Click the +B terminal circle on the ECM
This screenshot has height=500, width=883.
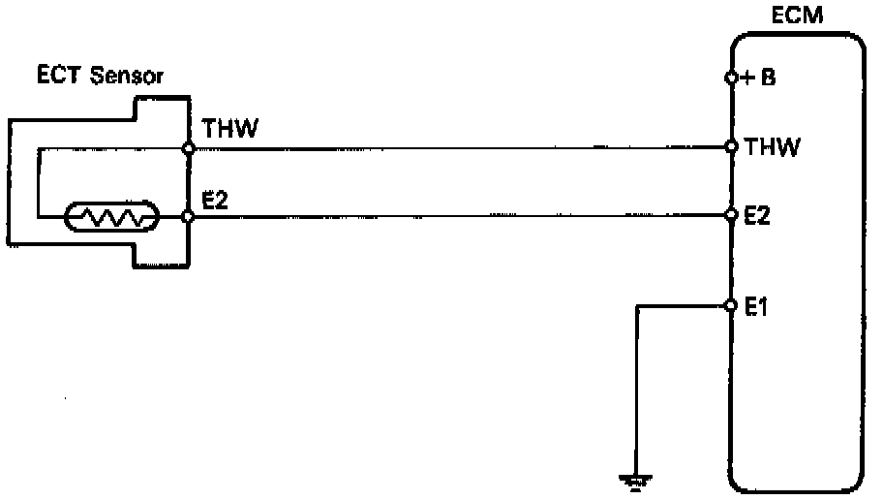click(x=731, y=78)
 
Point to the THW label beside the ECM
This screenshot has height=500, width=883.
click(x=772, y=147)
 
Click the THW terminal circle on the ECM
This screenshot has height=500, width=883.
click(x=731, y=147)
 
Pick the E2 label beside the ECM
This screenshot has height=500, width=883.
click(x=758, y=214)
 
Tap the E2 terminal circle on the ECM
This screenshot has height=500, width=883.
click(x=731, y=214)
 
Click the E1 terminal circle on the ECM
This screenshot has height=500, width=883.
click(x=731, y=305)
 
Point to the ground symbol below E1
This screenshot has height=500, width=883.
click(x=636, y=478)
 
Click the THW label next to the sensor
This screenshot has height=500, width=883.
click(x=230, y=129)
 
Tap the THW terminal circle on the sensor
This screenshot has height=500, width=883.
click(x=189, y=148)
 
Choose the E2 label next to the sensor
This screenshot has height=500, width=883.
click(x=215, y=200)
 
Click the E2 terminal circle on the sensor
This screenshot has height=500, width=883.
click(x=189, y=217)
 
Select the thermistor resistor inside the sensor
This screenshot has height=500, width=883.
click(x=110, y=217)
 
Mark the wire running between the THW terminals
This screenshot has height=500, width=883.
click(x=460, y=148)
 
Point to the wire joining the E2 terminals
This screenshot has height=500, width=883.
click(x=460, y=216)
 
